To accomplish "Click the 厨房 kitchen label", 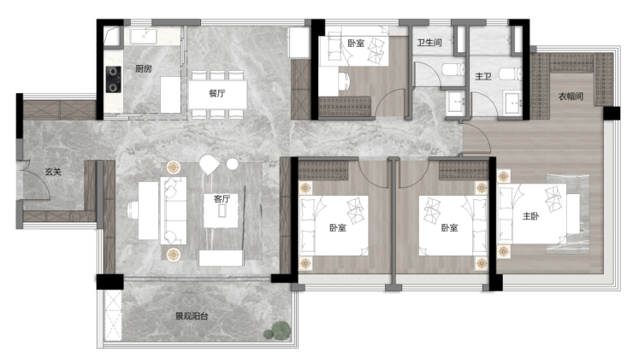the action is click(x=144, y=68).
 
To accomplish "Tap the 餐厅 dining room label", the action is click(x=216, y=93).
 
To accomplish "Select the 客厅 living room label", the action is click(x=222, y=199).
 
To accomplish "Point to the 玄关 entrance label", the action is click(x=53, y=172).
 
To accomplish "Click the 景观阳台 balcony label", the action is click(x=192, y=316).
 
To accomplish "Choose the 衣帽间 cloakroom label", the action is click(x=571, y=97).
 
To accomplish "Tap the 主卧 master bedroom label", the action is click(x=531, y=216).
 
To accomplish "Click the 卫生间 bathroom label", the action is click(x=429, y=43).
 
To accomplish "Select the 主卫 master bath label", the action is click(x=482, y=76).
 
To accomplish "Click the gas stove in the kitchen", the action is click(x=114, y=79).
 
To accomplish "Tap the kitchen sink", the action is click(x=144, y=36).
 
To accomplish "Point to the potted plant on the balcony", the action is click(x=278, y=330).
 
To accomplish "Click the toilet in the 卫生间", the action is click(x=453, y=70).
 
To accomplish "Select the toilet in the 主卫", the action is click(x=511, y=73).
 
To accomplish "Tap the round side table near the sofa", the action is click(x=232, y=164).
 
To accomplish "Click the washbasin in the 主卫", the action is click(x=512, y=103).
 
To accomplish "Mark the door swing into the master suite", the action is click(x=476, y=138).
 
